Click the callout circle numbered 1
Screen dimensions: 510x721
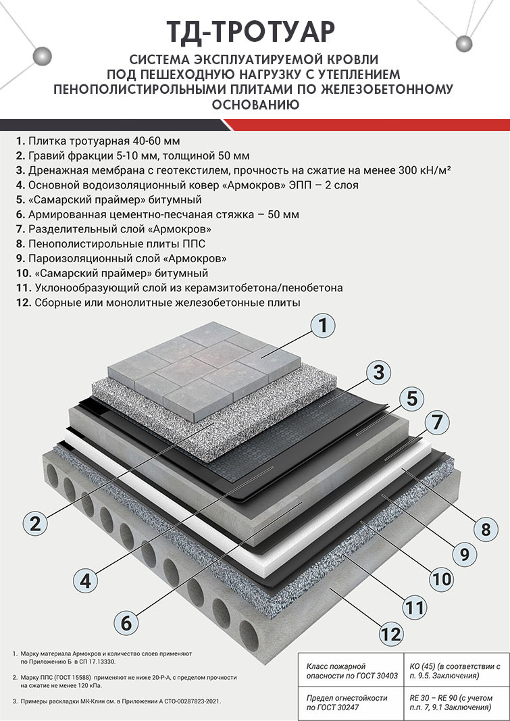coord(323,326)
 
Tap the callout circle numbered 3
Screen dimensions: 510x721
coord(378,372)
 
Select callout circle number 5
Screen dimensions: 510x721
coord(411,398)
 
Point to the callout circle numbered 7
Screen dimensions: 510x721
coord(436,422)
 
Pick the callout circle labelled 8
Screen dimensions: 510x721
coord(486,528)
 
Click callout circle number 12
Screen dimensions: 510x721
coord(390,634)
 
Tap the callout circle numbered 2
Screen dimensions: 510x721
coord(35,523)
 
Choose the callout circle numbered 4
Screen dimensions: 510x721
coord(86,580)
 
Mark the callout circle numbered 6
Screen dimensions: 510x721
coord(126,622)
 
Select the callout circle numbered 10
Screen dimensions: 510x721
coord(440,578)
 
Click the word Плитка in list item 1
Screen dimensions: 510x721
coord(47,141)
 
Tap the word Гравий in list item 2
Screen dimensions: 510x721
coord(48,155)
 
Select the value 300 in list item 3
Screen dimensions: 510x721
coord(404,170)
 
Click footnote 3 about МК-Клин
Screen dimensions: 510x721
coord(116,701)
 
